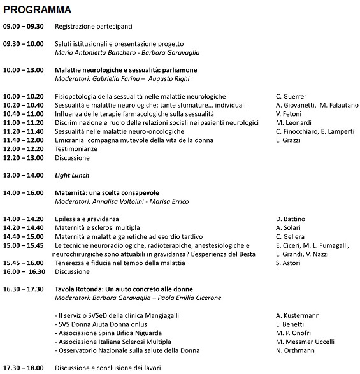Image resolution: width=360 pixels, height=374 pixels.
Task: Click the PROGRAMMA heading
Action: click(37, 11)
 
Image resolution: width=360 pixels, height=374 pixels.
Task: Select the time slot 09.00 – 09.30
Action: click(23, 26)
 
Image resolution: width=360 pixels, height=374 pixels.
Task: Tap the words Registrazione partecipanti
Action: click(94, 26)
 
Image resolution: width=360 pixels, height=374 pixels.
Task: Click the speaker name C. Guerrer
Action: click(291, 96)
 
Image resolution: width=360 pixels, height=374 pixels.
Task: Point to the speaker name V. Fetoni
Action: click(289, 114)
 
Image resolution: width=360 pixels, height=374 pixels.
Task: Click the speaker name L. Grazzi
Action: click(289, 140)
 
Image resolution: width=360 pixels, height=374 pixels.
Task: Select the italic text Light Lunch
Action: click(72, 175)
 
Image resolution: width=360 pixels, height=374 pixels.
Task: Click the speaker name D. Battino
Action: click(291, 219)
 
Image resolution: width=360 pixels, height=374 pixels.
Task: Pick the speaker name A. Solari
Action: click(288, 227)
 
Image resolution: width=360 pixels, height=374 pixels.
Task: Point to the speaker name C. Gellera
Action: click(290, 236)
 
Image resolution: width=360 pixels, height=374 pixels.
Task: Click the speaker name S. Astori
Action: click(288, 263)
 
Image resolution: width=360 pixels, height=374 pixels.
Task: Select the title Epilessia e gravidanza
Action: click(87, 219)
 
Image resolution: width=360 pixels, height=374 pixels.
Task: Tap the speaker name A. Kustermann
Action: click(298, 315)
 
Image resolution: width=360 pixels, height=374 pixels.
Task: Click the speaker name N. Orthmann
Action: click(295, 350)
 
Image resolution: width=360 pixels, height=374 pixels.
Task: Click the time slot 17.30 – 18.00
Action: click(23, 368)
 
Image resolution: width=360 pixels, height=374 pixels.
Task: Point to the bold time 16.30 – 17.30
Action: click(23, 289)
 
